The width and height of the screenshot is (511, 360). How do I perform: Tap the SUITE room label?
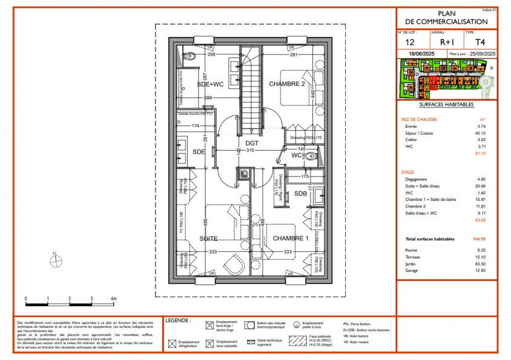208,239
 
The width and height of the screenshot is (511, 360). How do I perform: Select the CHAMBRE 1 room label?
291,238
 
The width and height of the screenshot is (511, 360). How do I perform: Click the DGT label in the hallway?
252,143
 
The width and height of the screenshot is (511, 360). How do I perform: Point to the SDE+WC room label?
210,85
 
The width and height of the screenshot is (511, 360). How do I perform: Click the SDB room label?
301,194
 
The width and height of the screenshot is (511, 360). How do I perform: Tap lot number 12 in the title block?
409,42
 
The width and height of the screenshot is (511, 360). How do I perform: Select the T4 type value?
480,42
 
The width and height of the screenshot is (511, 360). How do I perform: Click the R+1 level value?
446,42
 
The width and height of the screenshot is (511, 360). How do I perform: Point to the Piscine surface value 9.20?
482,250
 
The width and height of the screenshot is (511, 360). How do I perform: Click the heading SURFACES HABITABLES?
446,104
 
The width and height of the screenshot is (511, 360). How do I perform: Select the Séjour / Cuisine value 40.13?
481,133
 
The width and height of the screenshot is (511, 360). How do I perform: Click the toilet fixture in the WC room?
311,156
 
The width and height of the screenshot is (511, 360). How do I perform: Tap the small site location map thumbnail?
446,79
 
